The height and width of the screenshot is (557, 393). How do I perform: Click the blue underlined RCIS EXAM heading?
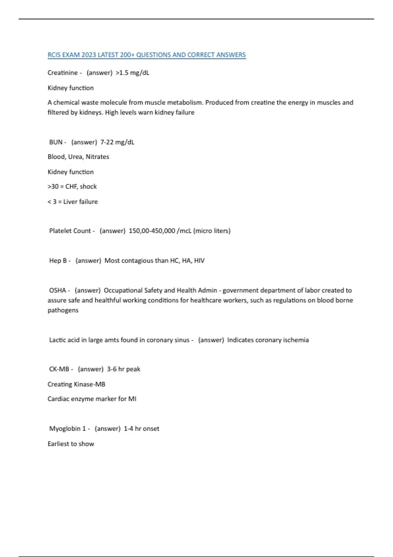tap(146, 55)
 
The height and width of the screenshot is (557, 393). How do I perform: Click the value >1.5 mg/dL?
tap(132, 73)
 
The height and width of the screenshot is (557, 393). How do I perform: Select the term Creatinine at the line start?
tap(63, 73)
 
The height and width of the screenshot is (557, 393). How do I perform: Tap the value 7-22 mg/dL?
tap(117, 142)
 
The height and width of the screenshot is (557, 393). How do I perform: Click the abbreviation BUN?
tap(56, 142)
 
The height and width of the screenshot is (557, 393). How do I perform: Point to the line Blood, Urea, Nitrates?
tap(78, 157)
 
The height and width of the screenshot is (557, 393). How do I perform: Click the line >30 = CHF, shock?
tap(72, 186)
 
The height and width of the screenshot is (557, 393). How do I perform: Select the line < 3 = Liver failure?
tap(73, 202)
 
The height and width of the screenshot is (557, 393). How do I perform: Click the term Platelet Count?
tap(70, 231)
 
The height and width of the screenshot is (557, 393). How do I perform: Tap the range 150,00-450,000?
tap(152, 231)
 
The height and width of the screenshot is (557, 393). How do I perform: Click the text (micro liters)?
tap(212, 231)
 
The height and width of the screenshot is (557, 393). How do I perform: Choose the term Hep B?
tap(58, 260)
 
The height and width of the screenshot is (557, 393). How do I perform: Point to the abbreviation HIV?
tap(199, 260)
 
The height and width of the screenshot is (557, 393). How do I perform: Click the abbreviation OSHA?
tap(57, 290)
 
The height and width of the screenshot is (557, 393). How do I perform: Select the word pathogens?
tap(63, 310)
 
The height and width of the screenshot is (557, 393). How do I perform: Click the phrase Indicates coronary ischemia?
tap(268, 340)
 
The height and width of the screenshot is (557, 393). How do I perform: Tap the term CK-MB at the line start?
tap(59, 369)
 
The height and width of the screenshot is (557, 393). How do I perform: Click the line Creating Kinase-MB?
tap(76, 384)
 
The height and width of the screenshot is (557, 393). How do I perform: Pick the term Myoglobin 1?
tap(67, 429)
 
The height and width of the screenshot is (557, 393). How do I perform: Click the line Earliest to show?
tap(71, 444)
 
